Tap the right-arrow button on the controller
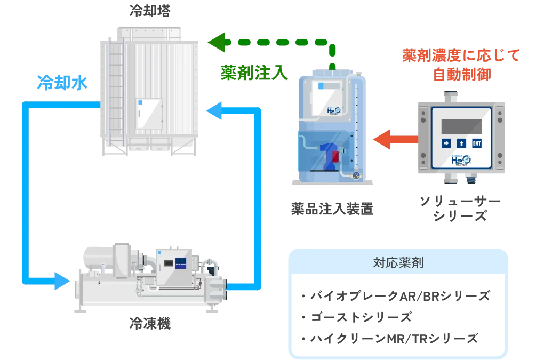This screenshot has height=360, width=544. (x=445, y=143)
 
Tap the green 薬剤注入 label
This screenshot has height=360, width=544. (x=253, y=72)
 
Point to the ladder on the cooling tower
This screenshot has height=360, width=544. (x=116, y=91)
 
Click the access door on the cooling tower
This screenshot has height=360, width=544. (x=150, y=113)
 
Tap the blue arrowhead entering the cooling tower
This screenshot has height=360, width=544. (x=217, y=111)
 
